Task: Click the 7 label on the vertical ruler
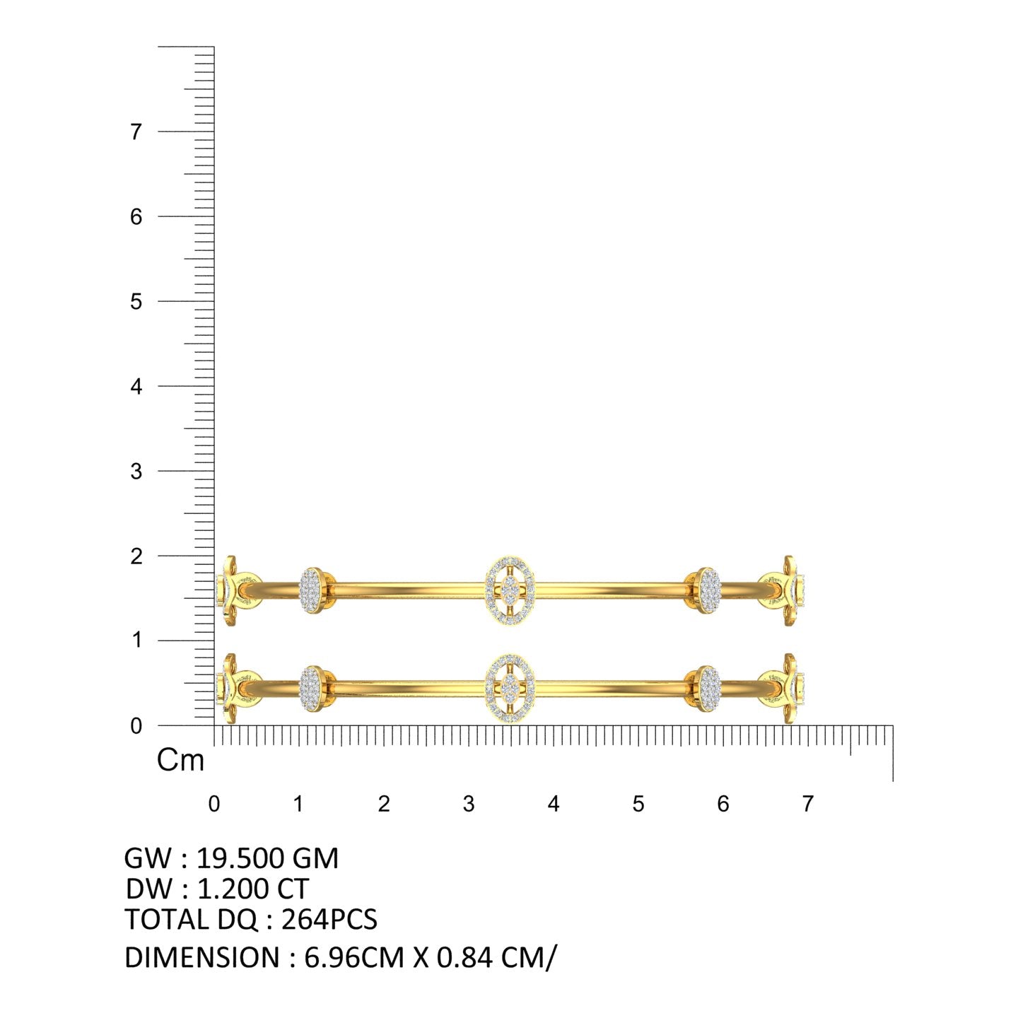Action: tap(136, 131)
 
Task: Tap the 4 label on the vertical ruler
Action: tap(136, 387)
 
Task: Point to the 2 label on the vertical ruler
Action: tap(136, 556)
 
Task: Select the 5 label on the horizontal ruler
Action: tap(638, 804)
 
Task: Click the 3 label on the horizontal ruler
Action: tap(469, 804)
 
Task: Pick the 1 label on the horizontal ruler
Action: tap(298, 804)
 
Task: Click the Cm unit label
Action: tap(180, 761)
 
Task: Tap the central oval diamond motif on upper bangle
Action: tap(510, 590)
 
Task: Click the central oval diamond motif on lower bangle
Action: tap(510, 688)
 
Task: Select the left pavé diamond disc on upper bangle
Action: tap(312, 590)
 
